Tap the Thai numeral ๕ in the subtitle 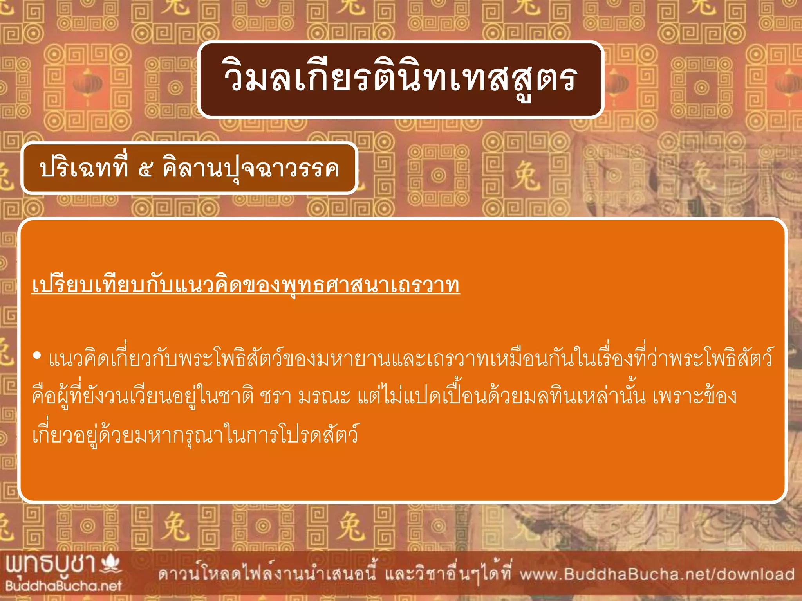click(x=145, y=169)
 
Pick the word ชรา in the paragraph click(x=276, y=397)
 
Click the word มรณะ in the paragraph click(x=324, y=397)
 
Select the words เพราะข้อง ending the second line click(x=695, y=397)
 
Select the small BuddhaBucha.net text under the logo click(x=63, y=586)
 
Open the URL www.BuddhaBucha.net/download click(x=657, y=574)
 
